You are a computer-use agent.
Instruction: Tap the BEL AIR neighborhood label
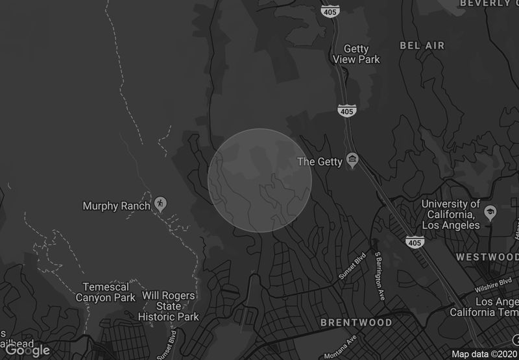click(x=422, y=45)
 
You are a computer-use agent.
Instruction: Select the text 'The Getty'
click(x=319, y=162)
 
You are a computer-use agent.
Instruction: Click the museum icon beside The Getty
click(x=352, y=160)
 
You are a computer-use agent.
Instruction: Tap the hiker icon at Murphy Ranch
click(x=160, y=204)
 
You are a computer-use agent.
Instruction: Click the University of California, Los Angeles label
click(x=451, y=215)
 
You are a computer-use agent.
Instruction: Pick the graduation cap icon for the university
click(x=490, y=213)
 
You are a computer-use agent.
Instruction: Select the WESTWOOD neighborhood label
click(x=487, y=257)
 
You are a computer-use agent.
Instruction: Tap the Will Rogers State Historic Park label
click(x=169, y=306)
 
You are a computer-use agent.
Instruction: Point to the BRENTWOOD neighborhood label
click(x=356, y=322)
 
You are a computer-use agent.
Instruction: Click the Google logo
click(x=27, y=350)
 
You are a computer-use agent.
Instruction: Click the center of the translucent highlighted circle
click(x=259, y=180)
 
